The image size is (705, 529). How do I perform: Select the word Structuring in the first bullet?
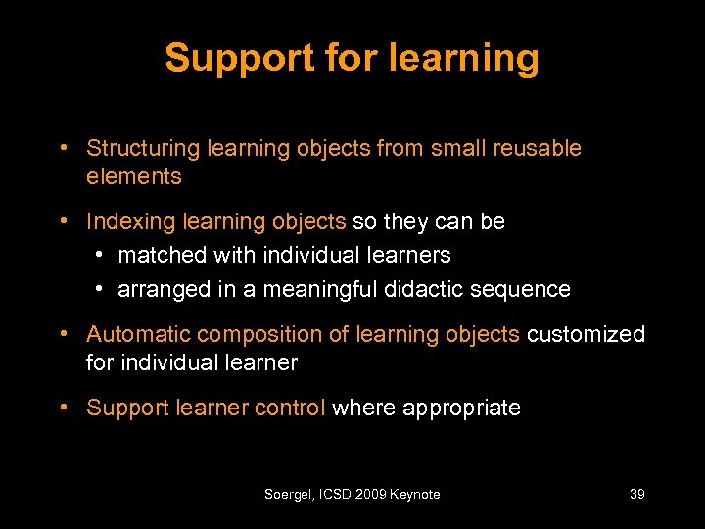coord(142,149)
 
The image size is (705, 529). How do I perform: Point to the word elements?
coord(134,177)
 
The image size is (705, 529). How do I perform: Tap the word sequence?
coord(532,290)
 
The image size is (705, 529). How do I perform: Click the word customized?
coord(586,335)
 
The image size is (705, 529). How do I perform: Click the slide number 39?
coord(636,495)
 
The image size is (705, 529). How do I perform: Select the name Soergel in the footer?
coord(288,495)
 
